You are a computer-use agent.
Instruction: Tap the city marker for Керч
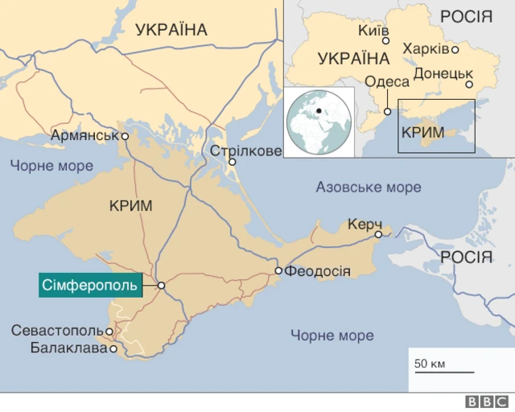click(x=378, y=234)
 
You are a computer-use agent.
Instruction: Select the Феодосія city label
click(x=318, y=271)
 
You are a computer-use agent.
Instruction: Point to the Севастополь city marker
click(x=109, y=331)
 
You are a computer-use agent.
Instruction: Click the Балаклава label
click(x=68, y=348)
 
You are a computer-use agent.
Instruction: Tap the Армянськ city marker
click(x=125, y=136)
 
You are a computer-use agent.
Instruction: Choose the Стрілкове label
click(x=245, y=151)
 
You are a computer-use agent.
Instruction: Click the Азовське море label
click(x=368, y=187)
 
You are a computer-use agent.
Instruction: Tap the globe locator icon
click(x=319, y=122)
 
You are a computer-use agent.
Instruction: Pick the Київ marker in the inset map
click(x=385, y=40)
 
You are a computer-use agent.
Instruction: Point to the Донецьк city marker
click(x=469, y=84)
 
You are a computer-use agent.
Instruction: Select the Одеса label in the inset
click(x=386, y=81)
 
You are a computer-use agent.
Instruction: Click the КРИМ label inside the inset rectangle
click(x=422, y=130)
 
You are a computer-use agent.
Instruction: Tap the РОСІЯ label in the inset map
click(x=466, y=17)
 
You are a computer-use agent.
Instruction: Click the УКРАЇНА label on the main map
click(x=171, y=31)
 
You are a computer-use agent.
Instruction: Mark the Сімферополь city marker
click(x=161, y=285)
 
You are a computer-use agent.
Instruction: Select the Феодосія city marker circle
click(x=278, y=271)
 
